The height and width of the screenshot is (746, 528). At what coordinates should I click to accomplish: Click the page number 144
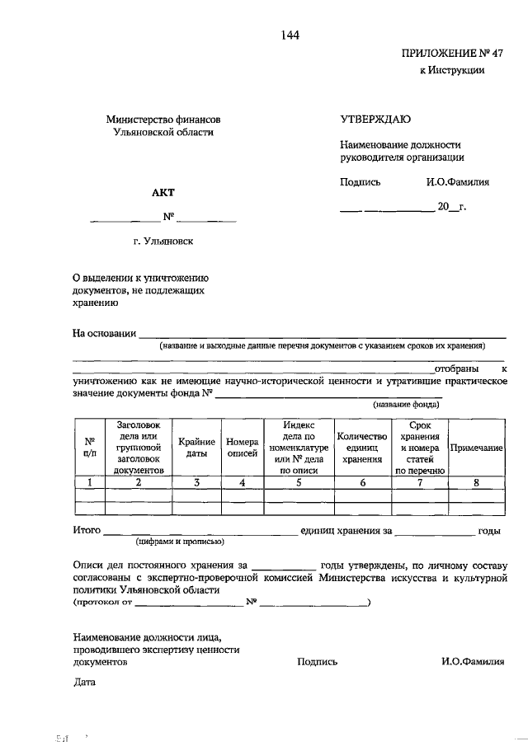coord(289,35)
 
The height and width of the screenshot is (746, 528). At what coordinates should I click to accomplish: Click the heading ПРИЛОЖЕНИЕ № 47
coord(451,54)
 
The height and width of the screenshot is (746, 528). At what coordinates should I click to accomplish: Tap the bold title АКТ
coord(163,193)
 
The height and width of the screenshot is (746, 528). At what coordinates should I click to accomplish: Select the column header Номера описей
coord(242,447)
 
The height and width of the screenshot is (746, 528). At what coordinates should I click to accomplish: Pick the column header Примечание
coord(476,447)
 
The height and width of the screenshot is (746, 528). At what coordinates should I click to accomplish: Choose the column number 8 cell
coord(476,483)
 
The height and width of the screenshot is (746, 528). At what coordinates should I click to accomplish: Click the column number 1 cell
coord(89,483)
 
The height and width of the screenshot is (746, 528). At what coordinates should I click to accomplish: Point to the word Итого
coord(87,531)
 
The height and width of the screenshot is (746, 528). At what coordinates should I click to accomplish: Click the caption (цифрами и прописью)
coord(181,542)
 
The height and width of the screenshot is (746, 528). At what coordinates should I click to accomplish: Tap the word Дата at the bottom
coord(84,683)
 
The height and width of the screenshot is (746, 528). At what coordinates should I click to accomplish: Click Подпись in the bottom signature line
coord(317,661)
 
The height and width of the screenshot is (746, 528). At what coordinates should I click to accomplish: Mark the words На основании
coord(103,333)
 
